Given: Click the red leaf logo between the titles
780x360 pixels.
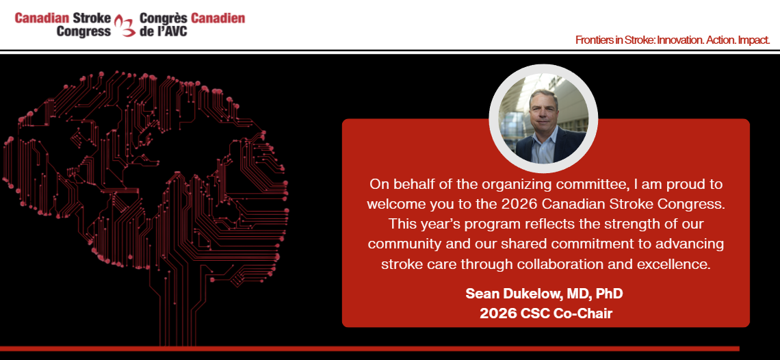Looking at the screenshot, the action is (x=125, y=25).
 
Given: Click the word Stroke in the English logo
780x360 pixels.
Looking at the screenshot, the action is (x=91, y=18).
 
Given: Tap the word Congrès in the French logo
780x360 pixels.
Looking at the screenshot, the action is (x=164, y=19).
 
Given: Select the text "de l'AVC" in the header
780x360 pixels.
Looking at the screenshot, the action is (x=164, y=31).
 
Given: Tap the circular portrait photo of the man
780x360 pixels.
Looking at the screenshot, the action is (x=544, y=118).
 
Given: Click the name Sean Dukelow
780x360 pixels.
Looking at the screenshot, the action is (x=512, y=294).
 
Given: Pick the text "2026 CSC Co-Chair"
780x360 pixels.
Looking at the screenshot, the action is (x=546, y=313).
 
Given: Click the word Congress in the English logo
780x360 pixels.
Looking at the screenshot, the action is (x=83, y=31).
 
